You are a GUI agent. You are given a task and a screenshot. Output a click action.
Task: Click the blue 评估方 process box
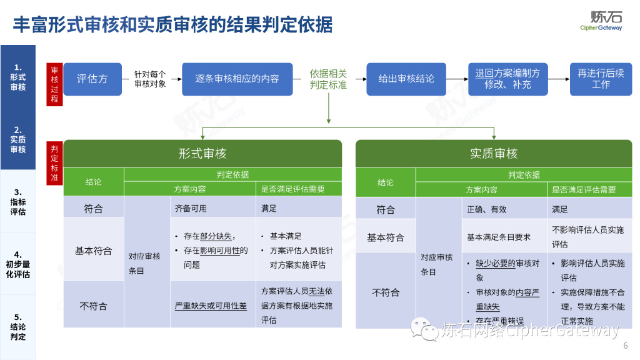coord(92,79)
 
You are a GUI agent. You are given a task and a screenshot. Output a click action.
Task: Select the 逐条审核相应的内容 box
coord(237,79)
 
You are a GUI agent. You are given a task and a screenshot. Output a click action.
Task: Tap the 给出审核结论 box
coord(406,79)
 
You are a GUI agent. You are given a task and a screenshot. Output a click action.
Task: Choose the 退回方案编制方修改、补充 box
coord(507,79)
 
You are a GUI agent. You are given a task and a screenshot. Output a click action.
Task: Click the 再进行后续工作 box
coord(601,79)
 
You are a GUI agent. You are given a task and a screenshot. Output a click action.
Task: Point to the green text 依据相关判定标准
coord(328,79)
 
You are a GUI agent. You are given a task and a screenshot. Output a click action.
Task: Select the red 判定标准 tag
coord(54,164)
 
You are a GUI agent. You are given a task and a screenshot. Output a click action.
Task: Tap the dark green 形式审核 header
coord(202,154)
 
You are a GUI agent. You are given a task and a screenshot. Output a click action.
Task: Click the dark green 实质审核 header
coord(494,154)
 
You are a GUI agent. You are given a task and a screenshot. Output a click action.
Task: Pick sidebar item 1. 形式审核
coord(18,76)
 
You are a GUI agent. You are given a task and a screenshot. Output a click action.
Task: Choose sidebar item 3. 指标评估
coord(18,201)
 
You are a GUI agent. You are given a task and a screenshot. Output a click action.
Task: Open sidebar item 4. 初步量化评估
coord(18,264)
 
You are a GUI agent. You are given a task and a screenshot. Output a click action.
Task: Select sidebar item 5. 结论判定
coord(18,326)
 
